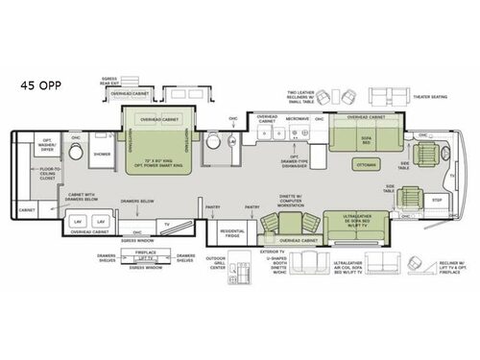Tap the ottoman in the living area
[366, 164]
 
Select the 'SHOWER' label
[102, 152]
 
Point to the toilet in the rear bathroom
[216, 141]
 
